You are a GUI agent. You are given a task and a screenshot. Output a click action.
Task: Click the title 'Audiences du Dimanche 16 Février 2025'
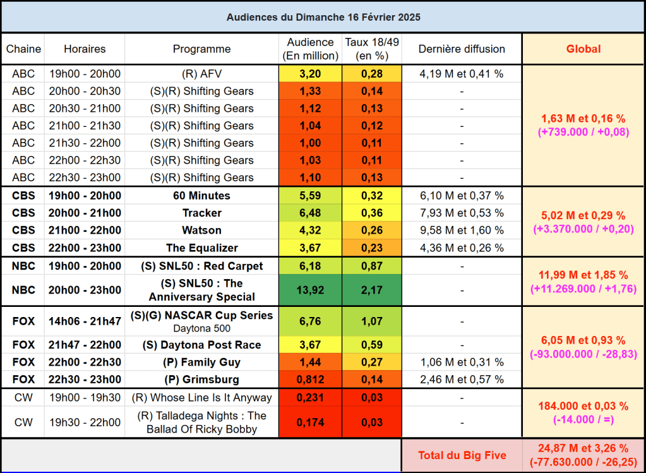tap(323, 17)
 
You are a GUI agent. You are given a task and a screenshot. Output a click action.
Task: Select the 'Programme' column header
tap(201, 49)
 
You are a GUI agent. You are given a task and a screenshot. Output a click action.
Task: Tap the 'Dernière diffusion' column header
tap(462, 49)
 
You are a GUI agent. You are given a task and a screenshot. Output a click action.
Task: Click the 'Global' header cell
tap(583, 49)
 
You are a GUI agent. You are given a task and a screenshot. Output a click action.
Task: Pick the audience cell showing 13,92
tap(310, 290)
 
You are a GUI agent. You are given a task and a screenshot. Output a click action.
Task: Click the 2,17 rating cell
tap(371, 290)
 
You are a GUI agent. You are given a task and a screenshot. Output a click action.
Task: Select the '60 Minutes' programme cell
tap(201, 196)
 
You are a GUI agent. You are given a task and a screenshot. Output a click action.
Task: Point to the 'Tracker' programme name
tap(201, 213)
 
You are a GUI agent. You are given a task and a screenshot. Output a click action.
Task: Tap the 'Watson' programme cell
tap(201, 230)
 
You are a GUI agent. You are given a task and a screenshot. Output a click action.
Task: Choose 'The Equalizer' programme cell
tap(201, 248)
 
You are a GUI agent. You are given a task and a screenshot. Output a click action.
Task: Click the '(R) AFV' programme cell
tap(201, 73)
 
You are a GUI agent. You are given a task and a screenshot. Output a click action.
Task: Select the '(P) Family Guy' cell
tap(201, 362)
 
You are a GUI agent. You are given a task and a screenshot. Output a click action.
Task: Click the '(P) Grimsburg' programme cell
tap(201, 380)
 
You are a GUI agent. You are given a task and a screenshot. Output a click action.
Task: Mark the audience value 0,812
tap(310, 380)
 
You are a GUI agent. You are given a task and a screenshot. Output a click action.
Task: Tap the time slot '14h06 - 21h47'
tap(84, 321)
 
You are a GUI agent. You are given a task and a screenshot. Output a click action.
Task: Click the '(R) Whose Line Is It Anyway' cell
tap(201, 398)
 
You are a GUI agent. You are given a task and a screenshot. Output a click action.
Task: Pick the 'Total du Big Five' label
tap(462, 455)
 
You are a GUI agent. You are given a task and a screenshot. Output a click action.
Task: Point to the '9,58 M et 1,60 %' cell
tap(462, 230)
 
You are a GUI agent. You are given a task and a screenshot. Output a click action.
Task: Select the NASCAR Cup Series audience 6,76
tap(310, 321)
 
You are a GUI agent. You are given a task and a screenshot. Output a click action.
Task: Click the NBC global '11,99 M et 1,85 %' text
tap(583, 275)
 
